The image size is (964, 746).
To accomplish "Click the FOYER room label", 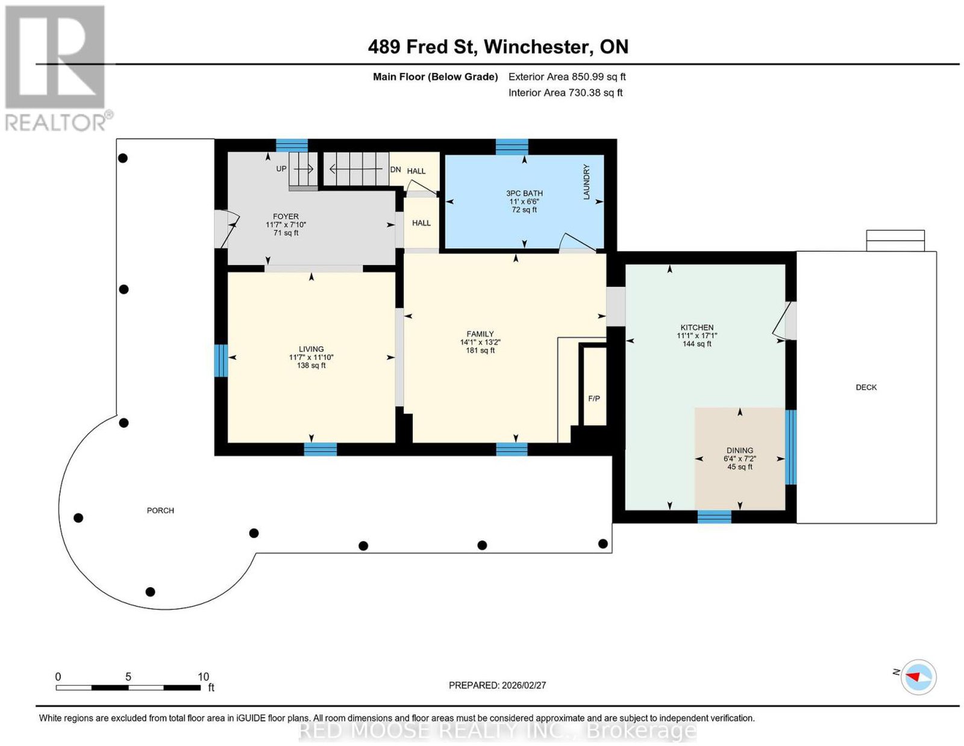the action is [285, 216].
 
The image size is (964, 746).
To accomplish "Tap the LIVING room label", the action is [311, 349].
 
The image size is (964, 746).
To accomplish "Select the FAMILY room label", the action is [480, 334].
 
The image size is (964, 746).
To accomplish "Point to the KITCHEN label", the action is [697, 327].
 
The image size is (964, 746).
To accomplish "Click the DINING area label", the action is [739, 450].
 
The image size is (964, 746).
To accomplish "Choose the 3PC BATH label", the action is [524, 193].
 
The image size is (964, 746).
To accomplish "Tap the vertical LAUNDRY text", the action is [586, 182].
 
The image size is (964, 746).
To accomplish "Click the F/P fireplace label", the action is [594, 399].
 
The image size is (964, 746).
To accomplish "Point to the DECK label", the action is [866, 387].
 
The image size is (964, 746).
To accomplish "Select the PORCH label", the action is [160, 510].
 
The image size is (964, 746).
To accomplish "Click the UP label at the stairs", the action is [281, 169].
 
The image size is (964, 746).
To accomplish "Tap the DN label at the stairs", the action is [395, 169].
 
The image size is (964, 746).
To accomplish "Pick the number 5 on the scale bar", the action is [128, 676].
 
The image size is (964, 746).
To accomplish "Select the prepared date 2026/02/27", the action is [524, 685].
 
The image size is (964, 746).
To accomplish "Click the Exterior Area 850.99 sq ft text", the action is [567, 76].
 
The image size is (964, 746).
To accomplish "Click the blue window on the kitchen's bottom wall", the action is [714, 517].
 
